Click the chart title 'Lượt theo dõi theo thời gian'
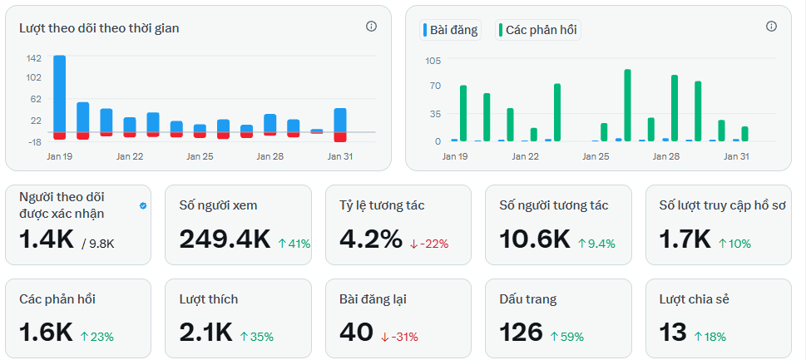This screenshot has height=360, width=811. tap(99, 28)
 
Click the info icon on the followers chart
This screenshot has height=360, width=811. tap(371, 27)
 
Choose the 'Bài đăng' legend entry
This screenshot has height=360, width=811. tap(452, 30)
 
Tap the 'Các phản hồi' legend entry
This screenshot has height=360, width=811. tap(538, 30)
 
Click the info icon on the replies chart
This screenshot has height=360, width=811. tap(771, 27)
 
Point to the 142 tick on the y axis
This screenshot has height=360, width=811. tap(33, 58)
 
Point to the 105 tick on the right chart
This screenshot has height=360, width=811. tap(433, 61)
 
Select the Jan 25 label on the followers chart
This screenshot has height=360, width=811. tap(200, 156)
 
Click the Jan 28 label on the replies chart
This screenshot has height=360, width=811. tap(666, 156)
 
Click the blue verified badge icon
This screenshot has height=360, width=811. tap(143, 205)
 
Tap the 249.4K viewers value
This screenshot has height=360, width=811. tap(225, 240)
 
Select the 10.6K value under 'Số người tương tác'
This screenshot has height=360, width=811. tap(534, 240)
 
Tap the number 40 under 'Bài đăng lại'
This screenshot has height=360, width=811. tap(356, 333)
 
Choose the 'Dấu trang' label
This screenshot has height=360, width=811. tap(528, 298)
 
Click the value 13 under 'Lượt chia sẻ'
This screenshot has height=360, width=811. tap(673, 333)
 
